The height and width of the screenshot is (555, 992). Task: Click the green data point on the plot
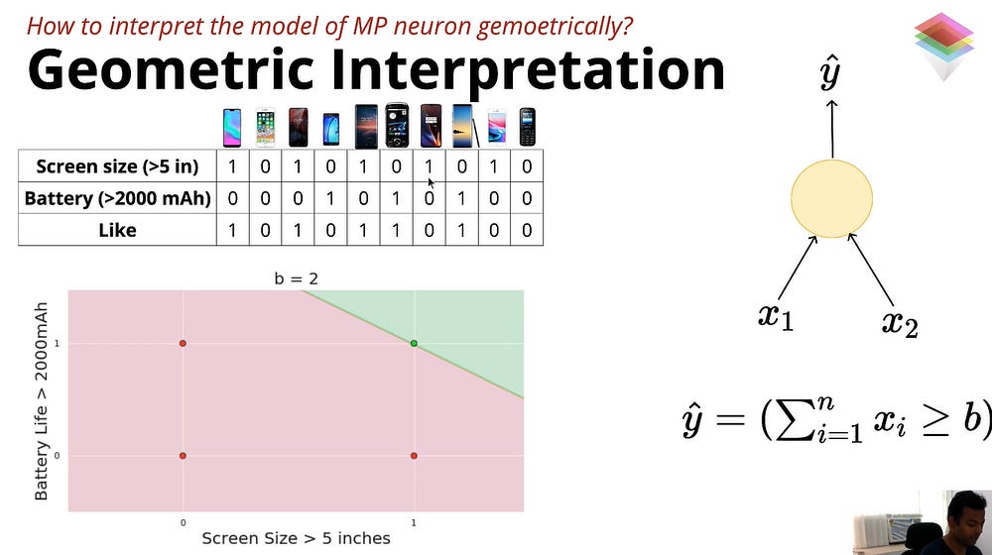coord(414,343)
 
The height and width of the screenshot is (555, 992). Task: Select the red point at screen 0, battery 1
coord(183,343)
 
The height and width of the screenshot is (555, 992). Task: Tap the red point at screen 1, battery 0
coord(414,456)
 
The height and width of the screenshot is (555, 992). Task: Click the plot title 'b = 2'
coord(296,278)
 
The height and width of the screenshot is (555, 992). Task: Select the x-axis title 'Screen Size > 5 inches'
coord(296,538)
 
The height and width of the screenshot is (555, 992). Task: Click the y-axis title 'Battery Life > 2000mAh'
coord(41,401)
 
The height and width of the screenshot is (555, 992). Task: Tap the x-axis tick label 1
coord(414,522)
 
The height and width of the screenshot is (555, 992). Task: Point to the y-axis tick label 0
coord(57,456)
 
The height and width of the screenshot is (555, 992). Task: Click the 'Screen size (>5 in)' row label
coord(117,166)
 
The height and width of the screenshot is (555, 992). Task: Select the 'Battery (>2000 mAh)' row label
coord(117,198)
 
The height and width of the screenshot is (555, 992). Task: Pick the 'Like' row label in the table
coord(117,230)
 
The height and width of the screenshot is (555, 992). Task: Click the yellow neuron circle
coord(832,198)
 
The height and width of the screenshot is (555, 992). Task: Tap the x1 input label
coord(776,315)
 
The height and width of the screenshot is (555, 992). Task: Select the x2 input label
coord(900,323)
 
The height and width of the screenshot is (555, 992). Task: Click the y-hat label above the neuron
coord(830,72)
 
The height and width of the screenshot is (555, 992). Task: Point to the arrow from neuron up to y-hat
coord(832,129)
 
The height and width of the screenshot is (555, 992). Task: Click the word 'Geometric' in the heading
coord(171,70)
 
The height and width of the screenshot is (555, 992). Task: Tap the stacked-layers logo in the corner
coord(943,46)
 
